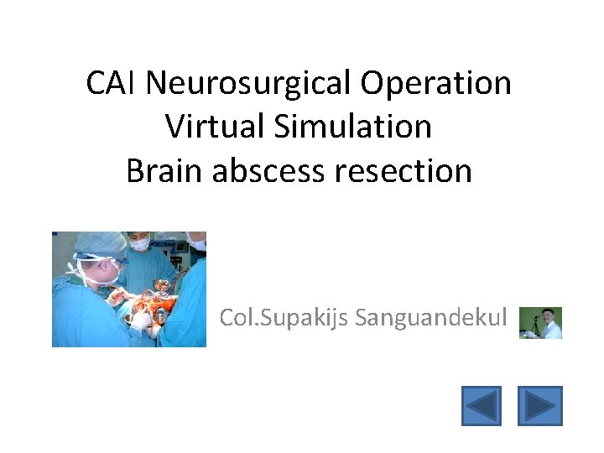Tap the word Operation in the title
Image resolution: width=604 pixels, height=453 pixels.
tap(437, 83)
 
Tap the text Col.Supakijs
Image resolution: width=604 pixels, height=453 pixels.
tap(284, 319)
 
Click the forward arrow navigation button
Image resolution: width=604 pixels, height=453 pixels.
tap(539, 405)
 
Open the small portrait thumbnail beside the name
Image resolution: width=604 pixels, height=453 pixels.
tap(540, 322)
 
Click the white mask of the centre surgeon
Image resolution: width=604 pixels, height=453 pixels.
tap(141, 244)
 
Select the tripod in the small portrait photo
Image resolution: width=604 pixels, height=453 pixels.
tap(528, 328)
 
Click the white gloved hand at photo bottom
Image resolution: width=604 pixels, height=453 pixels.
tap(141, 320)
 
